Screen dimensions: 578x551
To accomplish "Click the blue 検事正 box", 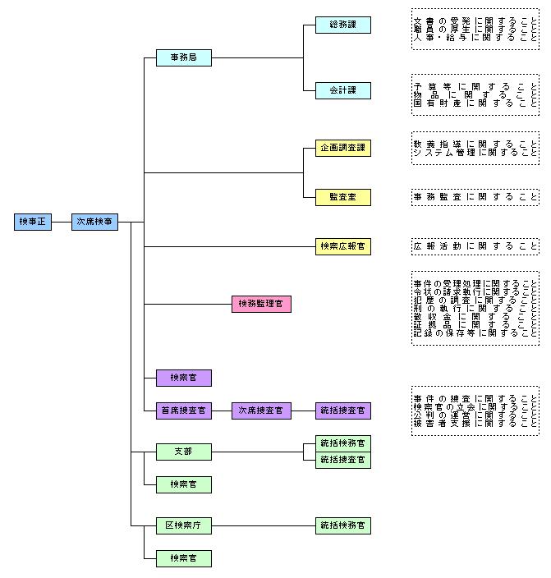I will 34,222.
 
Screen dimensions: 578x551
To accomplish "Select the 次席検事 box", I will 95,222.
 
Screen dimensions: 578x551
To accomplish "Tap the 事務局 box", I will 183,57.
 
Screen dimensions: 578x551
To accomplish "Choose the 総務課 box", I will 342,25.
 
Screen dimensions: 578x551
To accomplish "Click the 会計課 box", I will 342,90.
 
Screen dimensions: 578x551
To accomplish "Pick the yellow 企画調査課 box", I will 342,148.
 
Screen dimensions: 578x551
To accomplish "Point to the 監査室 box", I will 342,197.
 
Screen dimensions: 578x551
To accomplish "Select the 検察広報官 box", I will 342,246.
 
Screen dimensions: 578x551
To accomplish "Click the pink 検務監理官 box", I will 261,304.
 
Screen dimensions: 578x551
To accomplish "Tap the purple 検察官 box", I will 183,378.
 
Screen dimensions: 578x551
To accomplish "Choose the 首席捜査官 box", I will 183,411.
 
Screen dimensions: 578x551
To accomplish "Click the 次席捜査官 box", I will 261,411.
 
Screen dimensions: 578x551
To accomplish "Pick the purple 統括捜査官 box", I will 342,411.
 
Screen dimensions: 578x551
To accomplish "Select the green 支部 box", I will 183,452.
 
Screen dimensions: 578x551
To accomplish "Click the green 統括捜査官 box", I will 342,460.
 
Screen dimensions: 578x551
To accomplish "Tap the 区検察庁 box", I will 183,525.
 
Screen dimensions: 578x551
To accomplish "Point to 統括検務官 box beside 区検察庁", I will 342,525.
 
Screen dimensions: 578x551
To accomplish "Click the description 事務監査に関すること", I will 475,197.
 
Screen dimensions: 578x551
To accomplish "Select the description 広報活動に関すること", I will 475,246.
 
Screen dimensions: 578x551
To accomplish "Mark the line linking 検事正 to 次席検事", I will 62,222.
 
